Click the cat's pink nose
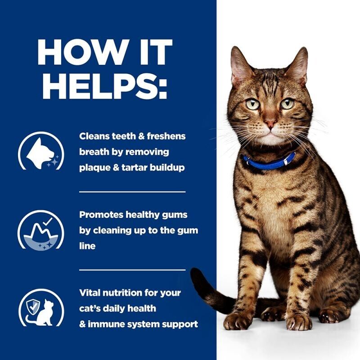(x=270, y=122)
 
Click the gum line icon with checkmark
(x=40, y=229)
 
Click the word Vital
(x=90, y=293)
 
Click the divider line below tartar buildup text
(x=132, y=191)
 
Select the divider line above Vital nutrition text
(x=132, y=270)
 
